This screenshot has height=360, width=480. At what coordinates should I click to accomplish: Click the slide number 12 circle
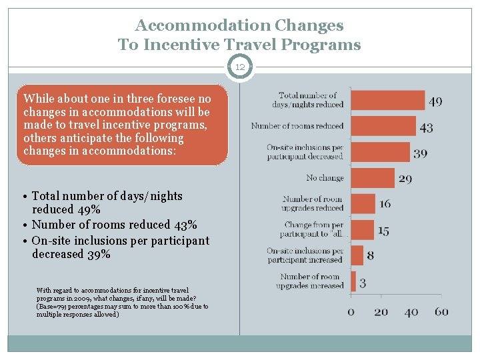pos(239,67)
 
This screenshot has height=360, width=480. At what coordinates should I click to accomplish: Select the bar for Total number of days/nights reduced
pos(387,100)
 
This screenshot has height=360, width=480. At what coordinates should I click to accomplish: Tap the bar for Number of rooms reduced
pos(383,126)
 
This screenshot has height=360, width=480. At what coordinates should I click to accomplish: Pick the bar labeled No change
pos(372,178)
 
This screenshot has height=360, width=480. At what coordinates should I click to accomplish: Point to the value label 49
pos(435,102)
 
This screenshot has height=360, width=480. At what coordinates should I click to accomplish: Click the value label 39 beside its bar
pos(420,153)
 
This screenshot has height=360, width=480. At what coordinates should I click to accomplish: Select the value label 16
pos(385,205)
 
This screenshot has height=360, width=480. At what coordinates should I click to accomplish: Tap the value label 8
pos(370,256)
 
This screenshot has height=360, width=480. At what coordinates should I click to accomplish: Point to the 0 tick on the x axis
pos(351,312)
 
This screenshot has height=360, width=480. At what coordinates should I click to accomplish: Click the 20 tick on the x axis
pos(381,312)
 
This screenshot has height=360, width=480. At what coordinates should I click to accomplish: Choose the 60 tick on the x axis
pos(441,312)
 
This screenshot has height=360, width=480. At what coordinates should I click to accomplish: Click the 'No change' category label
pos(325,178)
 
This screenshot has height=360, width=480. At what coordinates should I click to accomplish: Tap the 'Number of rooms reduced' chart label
pos(297,126)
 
